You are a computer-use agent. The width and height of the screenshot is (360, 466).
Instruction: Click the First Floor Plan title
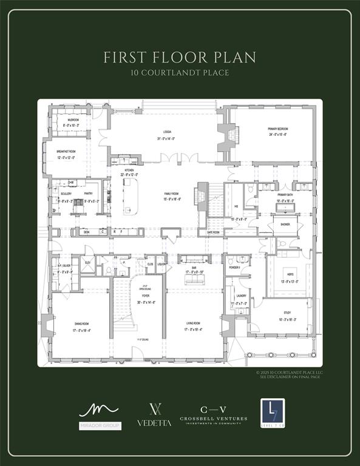[180, 58]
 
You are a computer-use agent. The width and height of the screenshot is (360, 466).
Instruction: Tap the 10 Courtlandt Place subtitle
[180, 73]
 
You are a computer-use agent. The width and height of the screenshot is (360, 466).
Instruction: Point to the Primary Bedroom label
[277, 129]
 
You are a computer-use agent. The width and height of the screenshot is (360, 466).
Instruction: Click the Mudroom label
[73, 120]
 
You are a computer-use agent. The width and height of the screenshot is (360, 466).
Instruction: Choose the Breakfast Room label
[66, 151]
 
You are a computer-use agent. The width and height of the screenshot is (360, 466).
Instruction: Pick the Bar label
[193, 266]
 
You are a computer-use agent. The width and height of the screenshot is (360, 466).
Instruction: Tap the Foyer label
[146, 295]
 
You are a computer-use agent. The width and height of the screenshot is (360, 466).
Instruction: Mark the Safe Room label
[213, 232]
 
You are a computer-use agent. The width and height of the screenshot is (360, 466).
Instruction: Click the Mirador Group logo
[100, 416]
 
